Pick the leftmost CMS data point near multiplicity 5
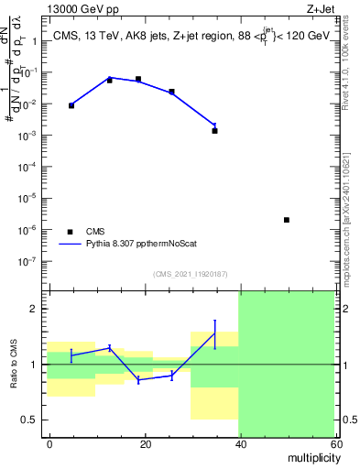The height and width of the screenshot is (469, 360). click(x=71, y=105)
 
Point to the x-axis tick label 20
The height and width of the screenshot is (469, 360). click(x=145, y=443)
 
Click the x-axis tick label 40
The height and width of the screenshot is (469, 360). click(x=239, y=443)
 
